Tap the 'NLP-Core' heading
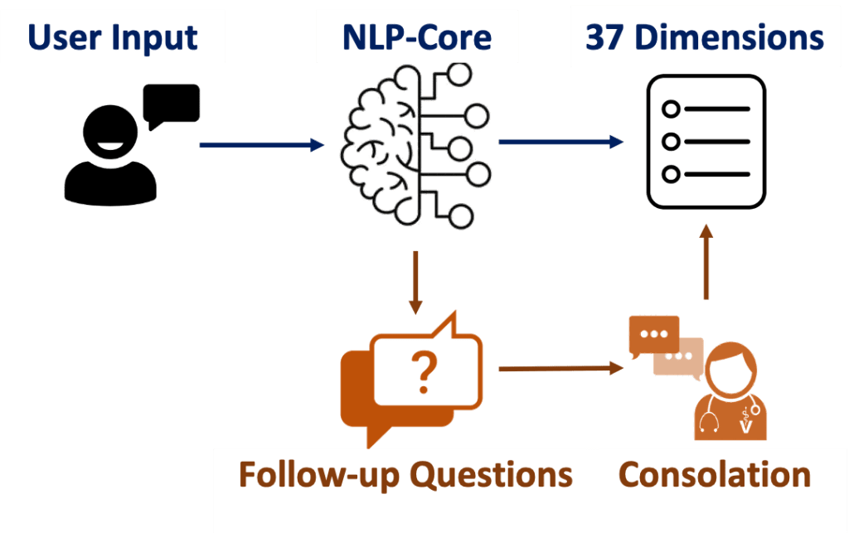pyautogui.click(x=417, y=37)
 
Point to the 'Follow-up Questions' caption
pyautogui.click(x=405, y=475)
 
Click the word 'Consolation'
pyautogui.click(x=715, y=475)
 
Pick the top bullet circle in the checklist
pyautogui.click(x=671, y=109)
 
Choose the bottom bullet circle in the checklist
pyautogui.click(x=671, y=174)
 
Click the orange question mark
pyautogui.click(x=425, y=371)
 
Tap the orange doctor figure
pyautogui.click(x=730, y=394)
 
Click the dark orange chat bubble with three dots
pyautogui.click(x=653, y=335)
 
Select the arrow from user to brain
pyautogui.click(x=262, y=145)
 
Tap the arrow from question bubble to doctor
pyautogui.click(x=560, y=367)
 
